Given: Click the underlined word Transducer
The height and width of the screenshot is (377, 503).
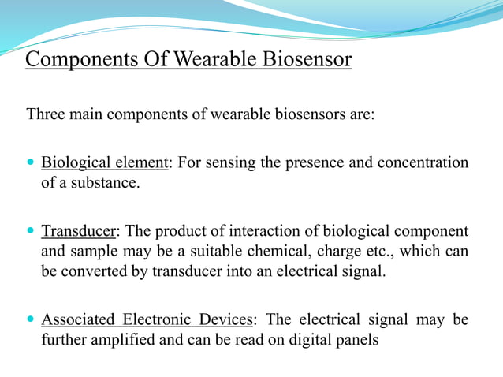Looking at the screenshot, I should click(78, 233).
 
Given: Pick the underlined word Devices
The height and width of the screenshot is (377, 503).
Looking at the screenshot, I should click(227, 319).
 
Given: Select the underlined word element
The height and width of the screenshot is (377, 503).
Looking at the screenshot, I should click(140, 163).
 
